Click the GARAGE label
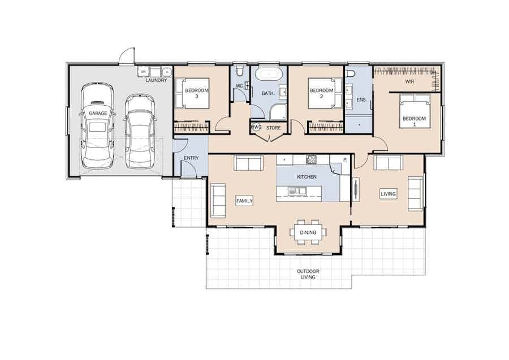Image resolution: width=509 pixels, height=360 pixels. (x=98, y=113)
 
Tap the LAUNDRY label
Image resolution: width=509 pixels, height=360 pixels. (x=156, y=80)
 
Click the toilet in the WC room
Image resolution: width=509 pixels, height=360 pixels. (x=240, y=71)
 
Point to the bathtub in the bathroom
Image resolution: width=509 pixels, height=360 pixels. (x=269, y=74)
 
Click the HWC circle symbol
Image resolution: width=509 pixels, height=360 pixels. (x=256, y=127)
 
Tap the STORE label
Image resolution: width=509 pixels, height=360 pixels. (x=273, y=128)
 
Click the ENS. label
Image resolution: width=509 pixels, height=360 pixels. (x=361, y=100)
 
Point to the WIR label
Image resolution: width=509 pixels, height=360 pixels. (x=409, y=81)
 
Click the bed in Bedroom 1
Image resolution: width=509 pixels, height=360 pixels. (x=415, y=111)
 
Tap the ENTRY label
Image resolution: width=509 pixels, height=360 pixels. (x=191, y=158)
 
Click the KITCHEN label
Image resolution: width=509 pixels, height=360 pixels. (x=307, y=177)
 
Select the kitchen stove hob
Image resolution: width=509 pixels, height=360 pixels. (x=311, y=159)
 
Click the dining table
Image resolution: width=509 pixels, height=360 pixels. (x=308, y=232)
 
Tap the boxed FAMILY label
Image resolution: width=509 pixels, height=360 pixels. (x=244, y=201)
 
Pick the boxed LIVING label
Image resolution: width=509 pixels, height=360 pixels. (x=388, y=194)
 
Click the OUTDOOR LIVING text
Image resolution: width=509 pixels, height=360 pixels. (x=308, y=274)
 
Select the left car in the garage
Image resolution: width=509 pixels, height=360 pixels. (x=97, y=126)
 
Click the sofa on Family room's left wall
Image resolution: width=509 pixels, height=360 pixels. (x=218, y=201)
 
